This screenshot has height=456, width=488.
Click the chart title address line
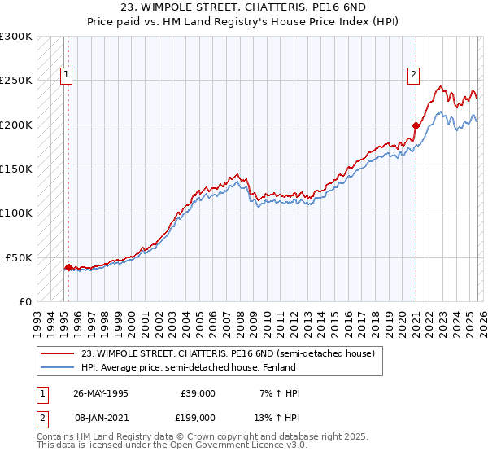(x=243, y=8)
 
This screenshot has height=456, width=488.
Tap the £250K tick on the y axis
(x=16, y=81)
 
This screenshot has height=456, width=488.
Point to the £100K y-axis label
(x=16, y=213)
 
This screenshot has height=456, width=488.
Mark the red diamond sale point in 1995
(x=68, y=267)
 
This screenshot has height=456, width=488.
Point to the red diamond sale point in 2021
(x=416, y=125)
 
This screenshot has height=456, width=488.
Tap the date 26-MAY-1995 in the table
(x=101, y=393)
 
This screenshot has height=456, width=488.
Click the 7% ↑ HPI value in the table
(x=278, y=393)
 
